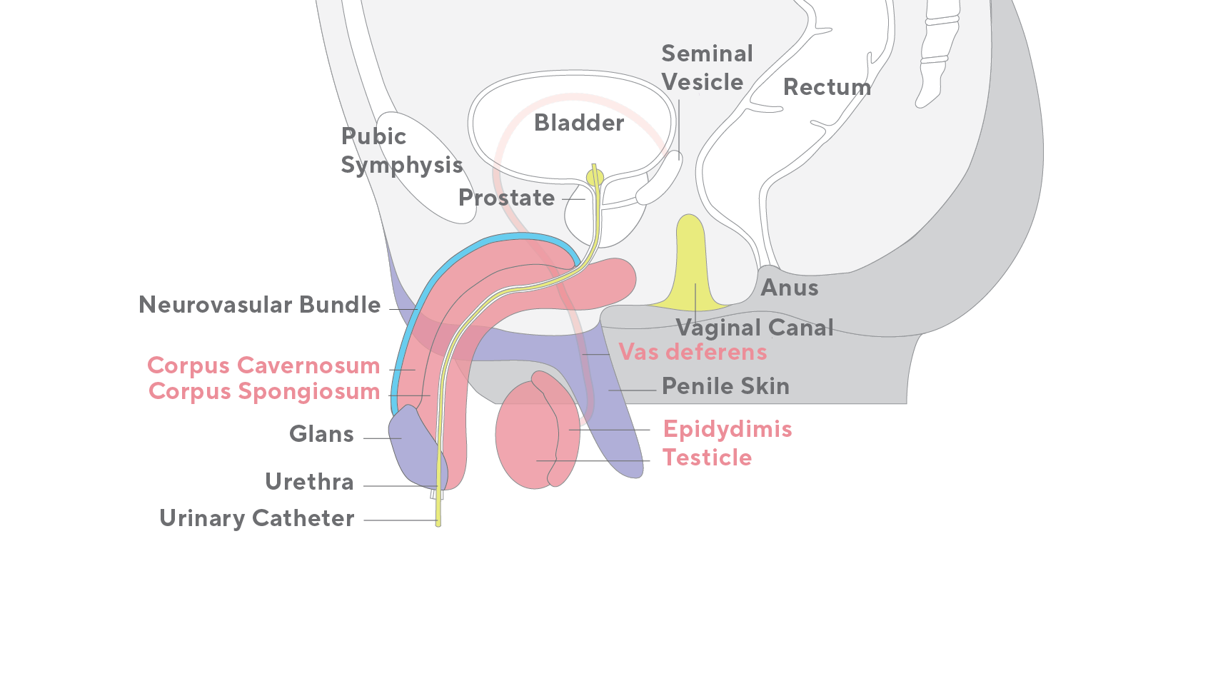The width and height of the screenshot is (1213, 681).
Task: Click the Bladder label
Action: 579,123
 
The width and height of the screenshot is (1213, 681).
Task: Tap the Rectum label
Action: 827,87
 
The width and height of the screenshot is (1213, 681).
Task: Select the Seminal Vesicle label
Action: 706,68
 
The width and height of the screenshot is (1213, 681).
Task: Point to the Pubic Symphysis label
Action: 401,151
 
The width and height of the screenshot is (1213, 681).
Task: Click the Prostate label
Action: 506,198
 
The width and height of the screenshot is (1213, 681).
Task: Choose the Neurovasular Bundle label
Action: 260,305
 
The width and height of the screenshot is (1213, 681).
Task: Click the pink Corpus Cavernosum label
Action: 263,365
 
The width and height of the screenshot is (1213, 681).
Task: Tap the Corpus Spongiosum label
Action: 264,391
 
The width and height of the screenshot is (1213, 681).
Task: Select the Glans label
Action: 321,434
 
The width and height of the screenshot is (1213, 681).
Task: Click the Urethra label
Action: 309,482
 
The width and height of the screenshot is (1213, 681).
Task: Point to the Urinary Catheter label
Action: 256,518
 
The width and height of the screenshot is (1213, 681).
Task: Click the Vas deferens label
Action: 693,352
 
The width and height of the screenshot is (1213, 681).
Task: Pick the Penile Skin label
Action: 725,386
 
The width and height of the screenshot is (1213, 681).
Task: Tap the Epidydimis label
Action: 728,429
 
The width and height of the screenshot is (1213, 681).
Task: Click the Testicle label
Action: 707,458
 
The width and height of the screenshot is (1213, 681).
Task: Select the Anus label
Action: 789,288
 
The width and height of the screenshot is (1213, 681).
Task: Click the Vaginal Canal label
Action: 755,328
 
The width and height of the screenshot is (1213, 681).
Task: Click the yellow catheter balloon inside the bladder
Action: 595,177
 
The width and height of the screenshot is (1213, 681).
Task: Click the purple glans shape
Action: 414,450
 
